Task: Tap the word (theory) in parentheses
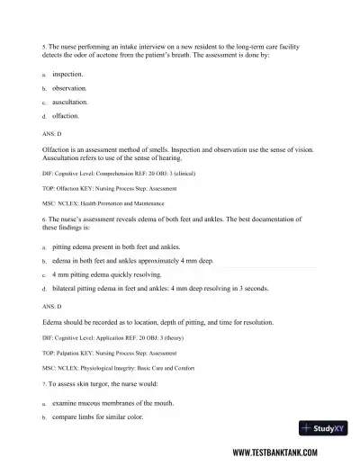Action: tap(183, 337)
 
